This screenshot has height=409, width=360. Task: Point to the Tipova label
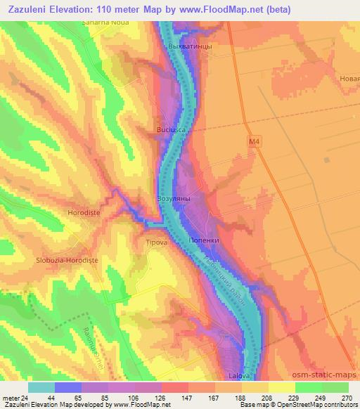[155, 242]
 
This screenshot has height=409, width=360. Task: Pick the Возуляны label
[173, 199]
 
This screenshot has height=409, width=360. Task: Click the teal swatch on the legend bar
[41, 387]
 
